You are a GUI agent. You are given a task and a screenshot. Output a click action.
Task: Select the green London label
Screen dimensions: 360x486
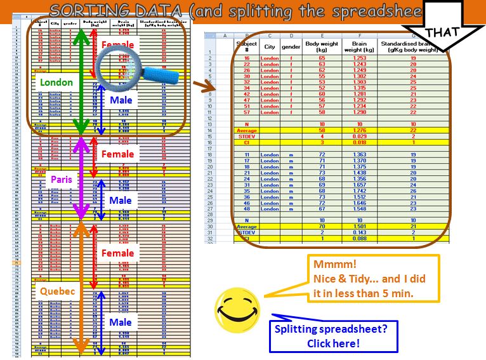click(x=56, y=82)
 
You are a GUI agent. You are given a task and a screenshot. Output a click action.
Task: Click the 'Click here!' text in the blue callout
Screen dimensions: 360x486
click(x=334, y=343)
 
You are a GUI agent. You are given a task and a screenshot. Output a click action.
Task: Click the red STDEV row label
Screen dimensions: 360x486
click(x=246, y=136)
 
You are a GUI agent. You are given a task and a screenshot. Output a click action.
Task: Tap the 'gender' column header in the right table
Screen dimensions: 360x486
click(x=291, y=47)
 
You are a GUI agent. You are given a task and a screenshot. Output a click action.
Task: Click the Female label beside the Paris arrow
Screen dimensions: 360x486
click(x=118, y=154)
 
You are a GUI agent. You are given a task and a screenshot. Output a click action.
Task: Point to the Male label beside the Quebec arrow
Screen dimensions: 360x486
click(x=120, y=322)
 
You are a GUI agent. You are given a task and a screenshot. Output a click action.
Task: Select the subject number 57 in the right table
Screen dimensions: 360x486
click(x=246, y=112)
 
